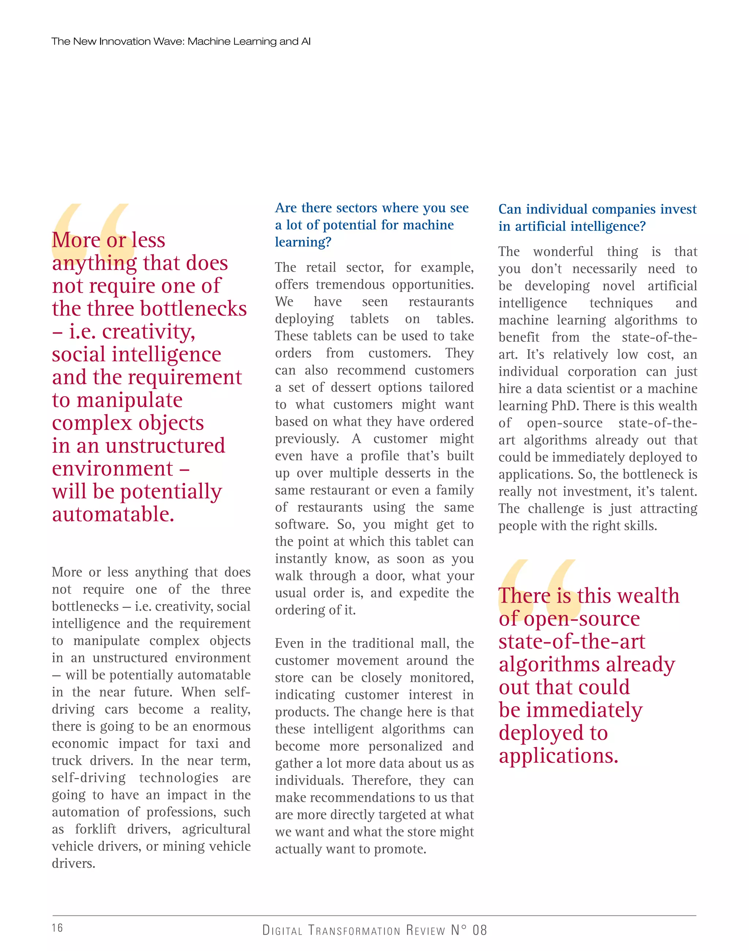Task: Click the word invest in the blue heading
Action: pos(678,209)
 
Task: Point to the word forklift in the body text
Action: pos(95,829)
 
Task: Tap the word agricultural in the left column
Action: pos(216,829)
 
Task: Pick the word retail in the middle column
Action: pos(322,267)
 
